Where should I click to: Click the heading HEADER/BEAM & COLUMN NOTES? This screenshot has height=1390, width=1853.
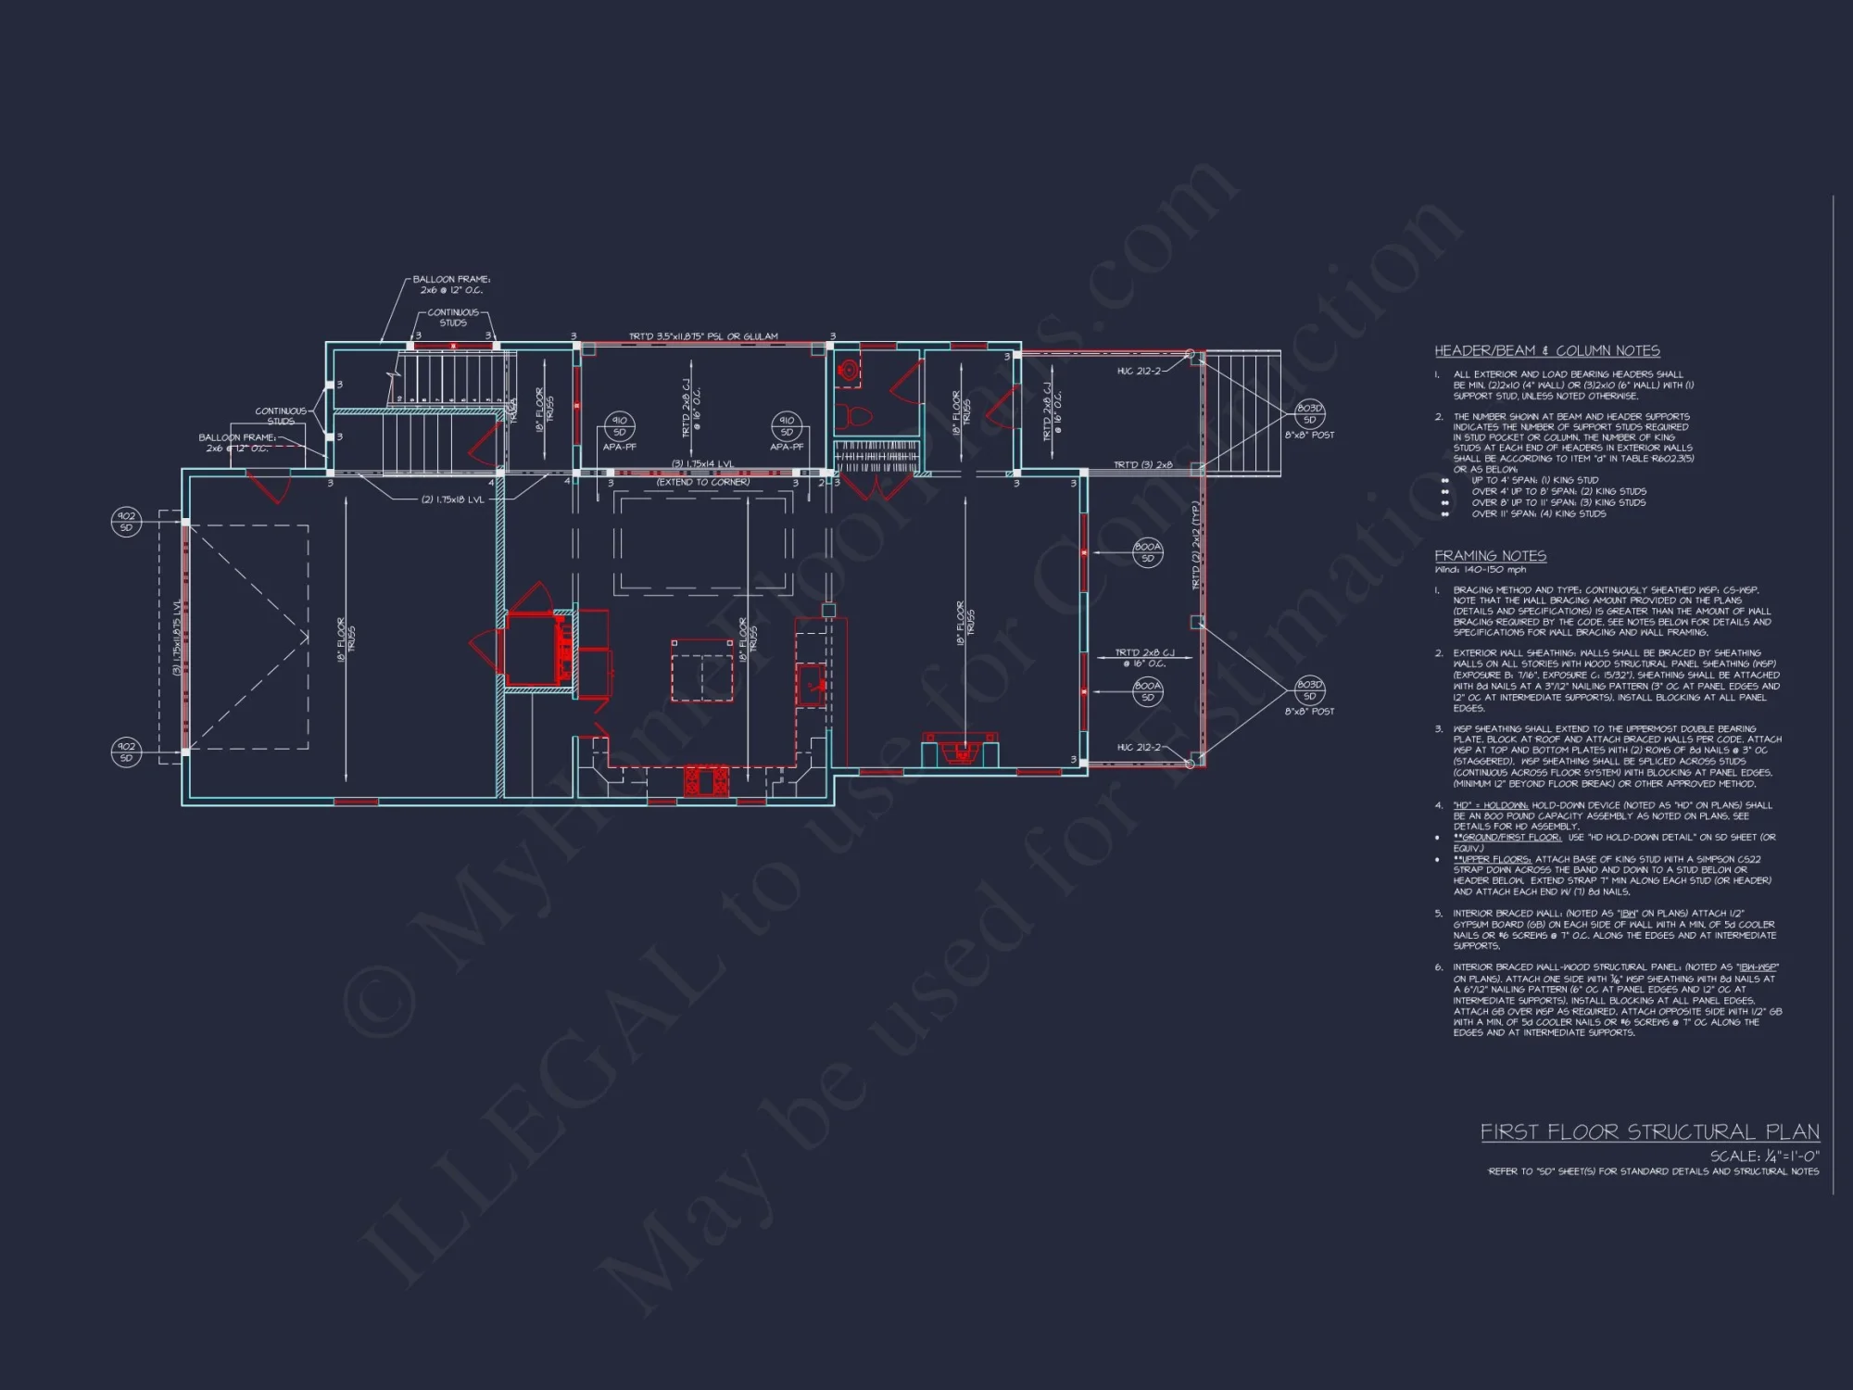1546,351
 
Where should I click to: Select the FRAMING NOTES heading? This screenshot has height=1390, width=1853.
1490,556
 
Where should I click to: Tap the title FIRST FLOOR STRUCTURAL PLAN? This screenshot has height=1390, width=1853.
1649,1132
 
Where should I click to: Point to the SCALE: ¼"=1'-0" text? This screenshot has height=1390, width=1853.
1764,1156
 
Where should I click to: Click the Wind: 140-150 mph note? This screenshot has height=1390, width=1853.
1480,570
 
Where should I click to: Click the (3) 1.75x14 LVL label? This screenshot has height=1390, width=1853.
702,464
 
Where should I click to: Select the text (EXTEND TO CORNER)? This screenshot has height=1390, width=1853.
702,482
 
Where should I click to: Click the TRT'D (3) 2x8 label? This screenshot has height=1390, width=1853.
1142,465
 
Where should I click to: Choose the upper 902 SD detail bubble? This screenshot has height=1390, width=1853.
126,522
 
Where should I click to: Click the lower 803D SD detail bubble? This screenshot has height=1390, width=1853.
1309,690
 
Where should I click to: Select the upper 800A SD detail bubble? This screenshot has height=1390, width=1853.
1147,552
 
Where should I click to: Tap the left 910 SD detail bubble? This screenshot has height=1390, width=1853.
619,426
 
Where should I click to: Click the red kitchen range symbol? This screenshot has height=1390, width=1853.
706,781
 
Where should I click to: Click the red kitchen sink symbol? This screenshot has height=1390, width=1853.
812,685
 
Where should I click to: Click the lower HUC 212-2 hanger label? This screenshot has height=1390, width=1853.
1138,747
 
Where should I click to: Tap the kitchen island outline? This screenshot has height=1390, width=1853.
702,669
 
